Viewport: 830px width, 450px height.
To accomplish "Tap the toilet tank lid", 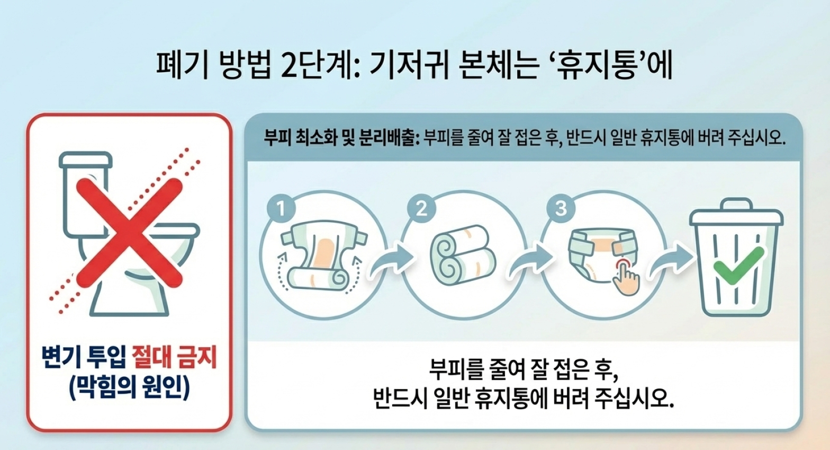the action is [86, 160].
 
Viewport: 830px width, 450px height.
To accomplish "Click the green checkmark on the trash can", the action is [738, 266].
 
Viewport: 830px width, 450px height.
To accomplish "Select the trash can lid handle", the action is [737, 204].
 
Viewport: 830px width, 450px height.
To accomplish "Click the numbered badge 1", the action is [281, 208].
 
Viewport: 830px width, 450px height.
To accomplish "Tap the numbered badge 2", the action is [421, 208].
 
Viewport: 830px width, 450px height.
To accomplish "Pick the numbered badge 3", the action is [561, 208].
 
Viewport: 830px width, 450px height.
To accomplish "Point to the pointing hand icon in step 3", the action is [626, 278].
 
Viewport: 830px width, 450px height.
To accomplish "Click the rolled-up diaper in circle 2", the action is [463, 255].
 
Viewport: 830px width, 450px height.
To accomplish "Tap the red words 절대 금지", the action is [174, 358].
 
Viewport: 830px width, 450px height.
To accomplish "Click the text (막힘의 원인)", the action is [129, 387].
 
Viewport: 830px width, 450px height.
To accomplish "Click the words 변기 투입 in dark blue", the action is [84, 358].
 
